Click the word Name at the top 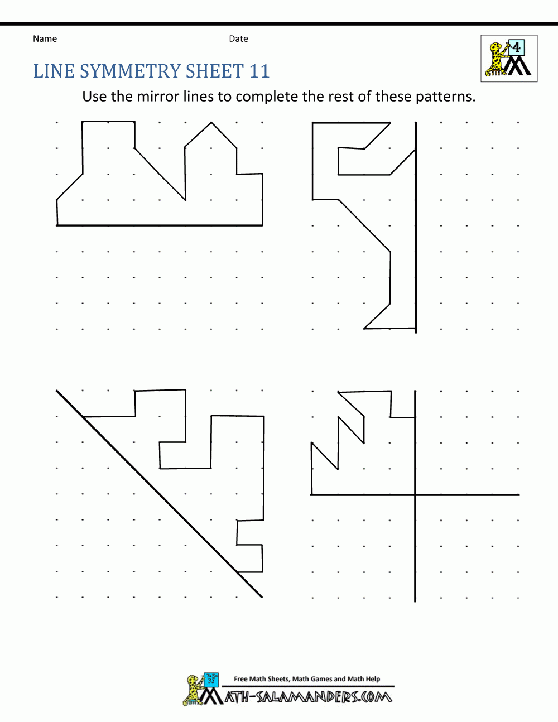45,38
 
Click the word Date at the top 238,38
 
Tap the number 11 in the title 259,71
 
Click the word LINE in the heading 54,71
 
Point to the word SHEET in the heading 215,71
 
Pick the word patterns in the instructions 445,97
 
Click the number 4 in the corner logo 517,47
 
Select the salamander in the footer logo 193,690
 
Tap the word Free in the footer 240,679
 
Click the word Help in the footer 373,679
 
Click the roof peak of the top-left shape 211,122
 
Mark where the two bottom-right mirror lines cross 415,494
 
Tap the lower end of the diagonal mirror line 262,596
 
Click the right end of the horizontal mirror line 518,494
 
